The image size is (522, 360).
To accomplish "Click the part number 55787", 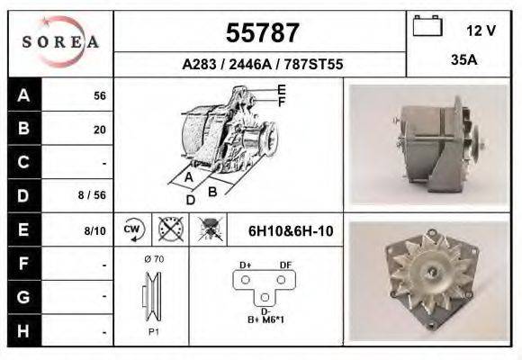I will click(x=261, y=33).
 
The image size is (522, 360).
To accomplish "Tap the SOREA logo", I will click(x=60, y=43).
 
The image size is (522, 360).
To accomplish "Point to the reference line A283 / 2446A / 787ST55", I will click(x=261, y=65).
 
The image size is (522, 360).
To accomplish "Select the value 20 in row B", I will click(x=99, y=130).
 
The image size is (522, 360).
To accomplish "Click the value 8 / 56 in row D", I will click(x=94, y=193).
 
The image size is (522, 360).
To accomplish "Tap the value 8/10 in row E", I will click(x=94, y=231).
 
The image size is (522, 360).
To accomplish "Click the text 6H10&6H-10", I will click(x=291, y=231).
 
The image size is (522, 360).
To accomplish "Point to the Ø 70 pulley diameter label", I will click(x=153, y=259).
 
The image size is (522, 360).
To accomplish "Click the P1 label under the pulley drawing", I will click(x=154, y=331).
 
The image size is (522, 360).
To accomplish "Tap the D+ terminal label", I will click(x=245, y=265).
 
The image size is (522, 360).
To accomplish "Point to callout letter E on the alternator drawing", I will click(x=282, y=89).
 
